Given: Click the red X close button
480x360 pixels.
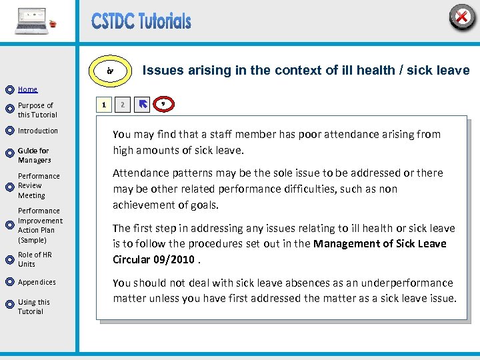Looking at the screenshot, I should [x=461, y=17].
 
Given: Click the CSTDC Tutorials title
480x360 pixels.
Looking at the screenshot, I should [x=141, y=21].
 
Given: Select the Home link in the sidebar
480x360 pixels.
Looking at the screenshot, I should [x=27, y=89].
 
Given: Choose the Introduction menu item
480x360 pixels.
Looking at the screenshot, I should [x=38, y=131].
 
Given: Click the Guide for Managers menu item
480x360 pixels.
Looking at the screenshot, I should [x=34, y=155].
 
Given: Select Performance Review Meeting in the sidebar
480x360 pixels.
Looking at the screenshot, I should [x=39, y=186].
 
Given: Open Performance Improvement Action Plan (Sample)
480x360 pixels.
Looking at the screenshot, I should [x=40, y=225].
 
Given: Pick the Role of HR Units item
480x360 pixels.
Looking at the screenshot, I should [x=35, y=259].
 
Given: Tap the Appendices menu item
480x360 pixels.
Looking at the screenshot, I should [x=37, y=282].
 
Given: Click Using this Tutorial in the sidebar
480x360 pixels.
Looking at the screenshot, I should [x=34, y=307].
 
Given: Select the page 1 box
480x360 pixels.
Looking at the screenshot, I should [x=103, y=104].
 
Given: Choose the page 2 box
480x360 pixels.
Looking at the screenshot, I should [x=122, y=104].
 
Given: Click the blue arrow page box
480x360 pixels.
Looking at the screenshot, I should [x=142, y=104].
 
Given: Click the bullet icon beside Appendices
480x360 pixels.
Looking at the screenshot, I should [x=9, y=283].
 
